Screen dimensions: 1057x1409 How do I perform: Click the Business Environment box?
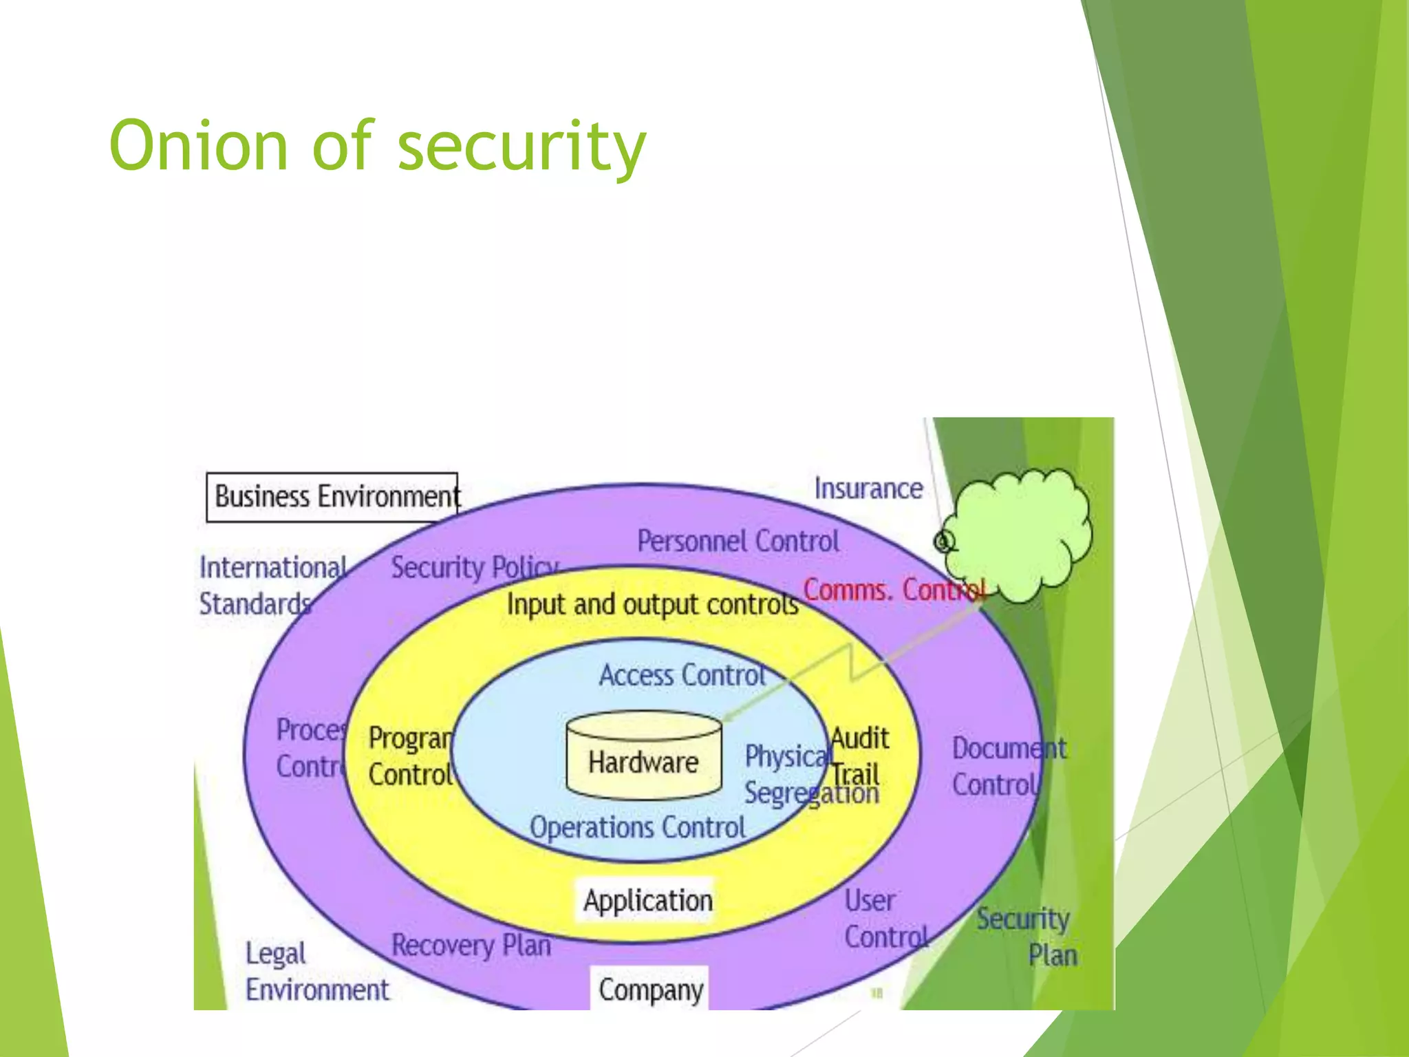(332, 497)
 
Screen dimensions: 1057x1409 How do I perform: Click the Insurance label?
(868, 489)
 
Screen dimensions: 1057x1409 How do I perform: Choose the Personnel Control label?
(738, 542)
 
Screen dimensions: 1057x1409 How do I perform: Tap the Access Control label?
(682, 675)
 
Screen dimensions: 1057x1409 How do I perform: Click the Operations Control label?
(637, 827)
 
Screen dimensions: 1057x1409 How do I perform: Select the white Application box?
(647, 900)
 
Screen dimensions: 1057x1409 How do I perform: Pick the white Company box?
(649, 990)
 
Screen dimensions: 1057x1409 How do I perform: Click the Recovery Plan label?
(471, 945)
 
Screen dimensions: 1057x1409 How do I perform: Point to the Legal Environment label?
(316, 972)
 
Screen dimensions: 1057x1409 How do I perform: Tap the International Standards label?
(272, 586)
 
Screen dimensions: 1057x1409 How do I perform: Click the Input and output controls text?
(652, 604)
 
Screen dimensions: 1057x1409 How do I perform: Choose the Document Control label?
(1008, 767)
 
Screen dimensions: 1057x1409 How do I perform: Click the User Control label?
(885, 919)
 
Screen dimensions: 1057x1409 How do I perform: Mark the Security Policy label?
(473, 568)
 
